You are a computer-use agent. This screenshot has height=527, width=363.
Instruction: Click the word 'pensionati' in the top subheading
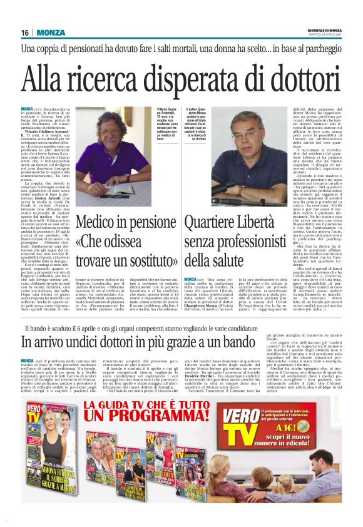click(116, 49)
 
